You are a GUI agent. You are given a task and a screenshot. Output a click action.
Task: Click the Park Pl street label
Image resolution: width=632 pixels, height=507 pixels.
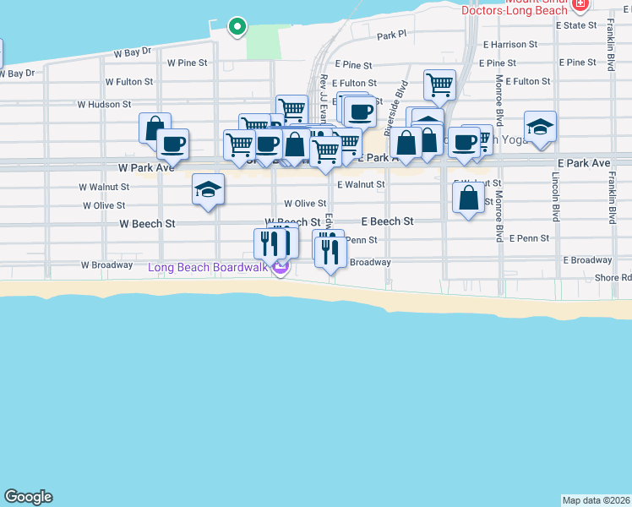(392, 35)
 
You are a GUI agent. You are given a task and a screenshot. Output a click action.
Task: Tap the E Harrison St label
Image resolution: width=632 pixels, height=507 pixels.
(510, 44)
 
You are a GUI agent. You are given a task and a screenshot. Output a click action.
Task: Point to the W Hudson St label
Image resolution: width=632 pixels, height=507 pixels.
(104, 105)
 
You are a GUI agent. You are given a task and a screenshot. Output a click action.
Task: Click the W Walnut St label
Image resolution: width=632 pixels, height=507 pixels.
(104, 187)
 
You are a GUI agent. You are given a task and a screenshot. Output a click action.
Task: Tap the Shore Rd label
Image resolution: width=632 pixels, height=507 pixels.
(613, 277)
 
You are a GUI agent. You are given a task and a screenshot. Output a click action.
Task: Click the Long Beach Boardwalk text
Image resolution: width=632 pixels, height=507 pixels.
(208, 268)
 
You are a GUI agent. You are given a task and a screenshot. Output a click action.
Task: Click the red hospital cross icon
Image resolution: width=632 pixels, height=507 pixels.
(580, 5)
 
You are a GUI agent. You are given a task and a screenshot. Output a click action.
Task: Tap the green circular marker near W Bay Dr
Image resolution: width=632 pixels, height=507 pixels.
(238, 26)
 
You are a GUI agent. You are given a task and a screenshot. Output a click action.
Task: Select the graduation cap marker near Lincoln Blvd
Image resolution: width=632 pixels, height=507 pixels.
(540, 128)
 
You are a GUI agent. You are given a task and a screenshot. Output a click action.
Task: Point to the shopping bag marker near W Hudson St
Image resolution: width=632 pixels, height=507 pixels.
(155, 129)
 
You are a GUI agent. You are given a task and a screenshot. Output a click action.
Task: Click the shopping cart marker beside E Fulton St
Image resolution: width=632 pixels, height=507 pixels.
(439, 85)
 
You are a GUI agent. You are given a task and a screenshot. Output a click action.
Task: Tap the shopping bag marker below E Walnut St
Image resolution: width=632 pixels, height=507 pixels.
(468, 199)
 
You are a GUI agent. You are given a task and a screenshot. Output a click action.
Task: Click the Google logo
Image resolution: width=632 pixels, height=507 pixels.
(28, 497)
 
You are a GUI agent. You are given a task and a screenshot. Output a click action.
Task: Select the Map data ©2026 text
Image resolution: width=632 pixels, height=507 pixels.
(597, 500)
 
